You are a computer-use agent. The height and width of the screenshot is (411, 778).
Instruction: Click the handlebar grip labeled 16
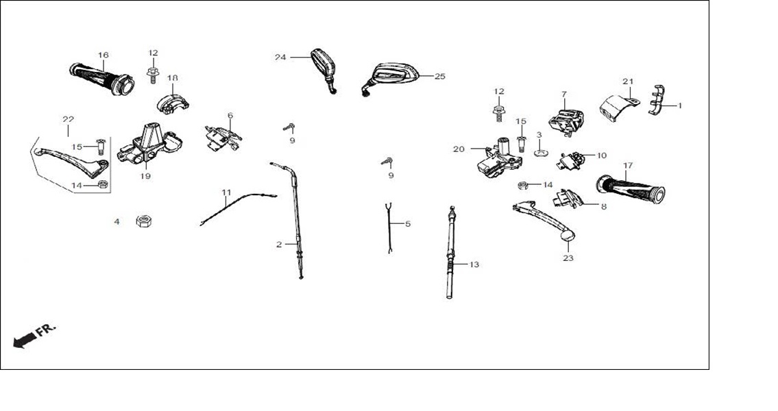click(x=102, y=79)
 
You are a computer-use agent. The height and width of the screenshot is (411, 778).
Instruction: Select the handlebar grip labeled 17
click(x=631, y=189)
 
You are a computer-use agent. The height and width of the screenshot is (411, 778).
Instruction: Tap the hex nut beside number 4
click(x=144, y=221)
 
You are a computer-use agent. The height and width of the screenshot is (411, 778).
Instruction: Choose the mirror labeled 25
click(x=392, y=77)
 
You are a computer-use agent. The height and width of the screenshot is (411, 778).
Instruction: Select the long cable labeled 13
click(x=450, y=253)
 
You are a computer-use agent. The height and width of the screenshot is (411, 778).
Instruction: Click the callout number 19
click(x=145, y=176)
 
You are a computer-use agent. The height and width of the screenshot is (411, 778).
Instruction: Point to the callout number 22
click(x=68, y=119)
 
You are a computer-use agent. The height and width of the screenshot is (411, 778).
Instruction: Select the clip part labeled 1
click(x=657, y=99)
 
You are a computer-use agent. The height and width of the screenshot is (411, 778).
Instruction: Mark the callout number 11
click(x=226, y=192)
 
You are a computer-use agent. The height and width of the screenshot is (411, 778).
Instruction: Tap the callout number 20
click(x=459, y=149)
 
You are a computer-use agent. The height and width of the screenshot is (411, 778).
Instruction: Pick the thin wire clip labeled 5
click(x=389, y=229)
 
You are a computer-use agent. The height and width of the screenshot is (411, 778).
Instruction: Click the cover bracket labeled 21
click(x=618, y=108)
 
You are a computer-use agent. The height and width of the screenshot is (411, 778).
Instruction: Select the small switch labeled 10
click(x=570, y=161)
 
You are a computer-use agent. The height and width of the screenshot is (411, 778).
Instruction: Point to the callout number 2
click(x=279, y=245)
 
